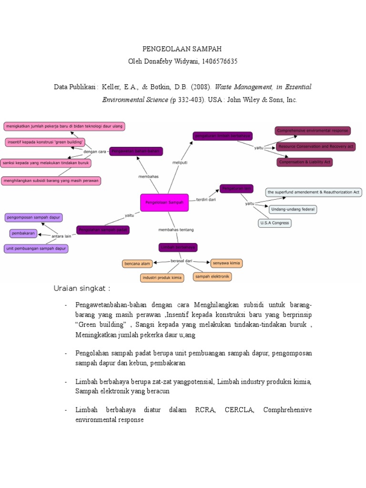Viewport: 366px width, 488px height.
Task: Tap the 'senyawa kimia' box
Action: coord(226,263)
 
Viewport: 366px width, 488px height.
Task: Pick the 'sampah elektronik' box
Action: coord(213,276)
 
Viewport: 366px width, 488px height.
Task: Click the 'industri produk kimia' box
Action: coord(162,277)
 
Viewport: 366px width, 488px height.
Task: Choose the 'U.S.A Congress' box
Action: coord(274,223)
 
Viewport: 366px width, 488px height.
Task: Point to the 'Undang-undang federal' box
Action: coord(293,209)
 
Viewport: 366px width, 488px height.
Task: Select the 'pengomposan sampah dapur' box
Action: coord(34,217)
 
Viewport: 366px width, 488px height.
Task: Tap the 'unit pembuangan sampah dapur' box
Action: coord(36,248)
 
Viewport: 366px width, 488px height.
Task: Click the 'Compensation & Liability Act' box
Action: coord(305,162)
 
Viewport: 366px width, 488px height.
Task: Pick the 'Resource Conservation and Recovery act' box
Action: coord(315,146)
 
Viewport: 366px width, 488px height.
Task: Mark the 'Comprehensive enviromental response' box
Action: coord(313,131)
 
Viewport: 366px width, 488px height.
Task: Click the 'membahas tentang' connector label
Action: coord(176,230)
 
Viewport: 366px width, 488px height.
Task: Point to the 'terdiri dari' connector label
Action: coord(206,200)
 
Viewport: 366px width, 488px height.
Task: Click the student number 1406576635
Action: coord(217,61)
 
